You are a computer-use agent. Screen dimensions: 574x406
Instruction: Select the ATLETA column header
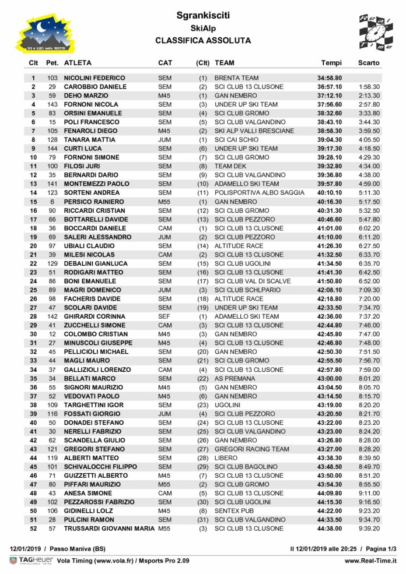coord(78,62)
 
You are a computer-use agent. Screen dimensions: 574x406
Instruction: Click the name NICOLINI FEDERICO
coord(94,78)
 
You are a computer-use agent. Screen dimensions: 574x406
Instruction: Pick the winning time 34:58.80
coord(330,78)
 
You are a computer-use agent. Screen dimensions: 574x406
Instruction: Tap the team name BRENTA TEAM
coord(237,78)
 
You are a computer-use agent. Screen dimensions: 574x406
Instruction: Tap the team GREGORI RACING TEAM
coord(252,449)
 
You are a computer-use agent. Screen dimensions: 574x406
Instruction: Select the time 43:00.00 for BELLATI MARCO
coord(330,378)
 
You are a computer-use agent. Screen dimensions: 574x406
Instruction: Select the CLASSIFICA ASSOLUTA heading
coord(204,41)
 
